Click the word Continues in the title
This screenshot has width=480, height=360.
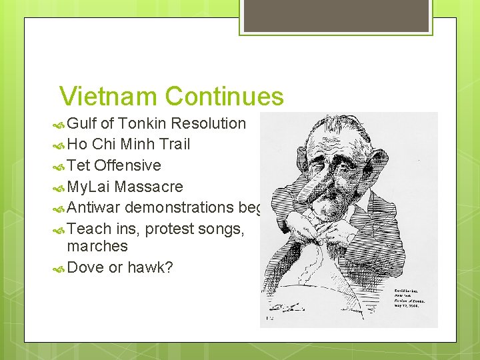point(224,97)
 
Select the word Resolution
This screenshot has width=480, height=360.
point(209,123)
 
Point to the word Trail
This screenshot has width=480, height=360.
point(171,144)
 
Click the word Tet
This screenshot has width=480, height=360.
point(79,165)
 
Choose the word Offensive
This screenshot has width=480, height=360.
point(127,165)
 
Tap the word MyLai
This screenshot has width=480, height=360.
point(90,187)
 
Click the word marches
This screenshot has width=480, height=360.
point(97,247)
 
